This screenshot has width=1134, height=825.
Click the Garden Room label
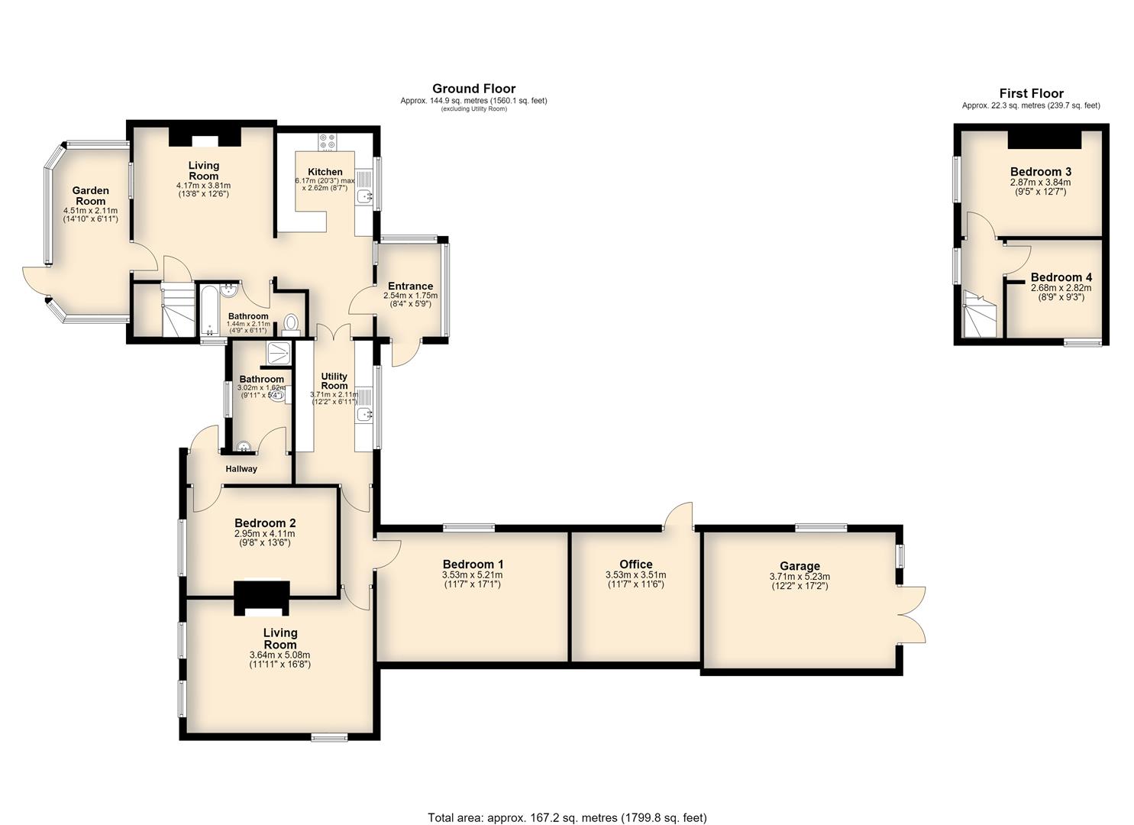(91, 196)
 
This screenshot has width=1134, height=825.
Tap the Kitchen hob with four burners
(328, 141)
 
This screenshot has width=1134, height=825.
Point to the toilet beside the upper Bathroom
(291, 325)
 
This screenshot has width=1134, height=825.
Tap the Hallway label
(241, 469)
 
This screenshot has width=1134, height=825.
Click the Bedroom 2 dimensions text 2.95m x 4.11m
(265, 534)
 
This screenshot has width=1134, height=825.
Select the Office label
(636, 565)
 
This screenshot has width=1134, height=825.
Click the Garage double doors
(912, 615)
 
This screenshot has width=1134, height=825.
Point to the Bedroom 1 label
(473, 565)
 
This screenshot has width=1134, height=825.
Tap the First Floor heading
(1031, 93)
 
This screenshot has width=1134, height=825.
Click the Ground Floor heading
(474, 89)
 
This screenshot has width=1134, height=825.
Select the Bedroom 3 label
(1041, 172)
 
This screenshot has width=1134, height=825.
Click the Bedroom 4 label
(1061, 277)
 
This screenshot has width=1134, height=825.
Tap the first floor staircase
(979, 314)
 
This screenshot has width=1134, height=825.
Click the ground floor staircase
(178, 310)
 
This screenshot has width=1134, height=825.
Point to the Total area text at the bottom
(567, 803)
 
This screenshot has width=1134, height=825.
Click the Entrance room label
(411, 286)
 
